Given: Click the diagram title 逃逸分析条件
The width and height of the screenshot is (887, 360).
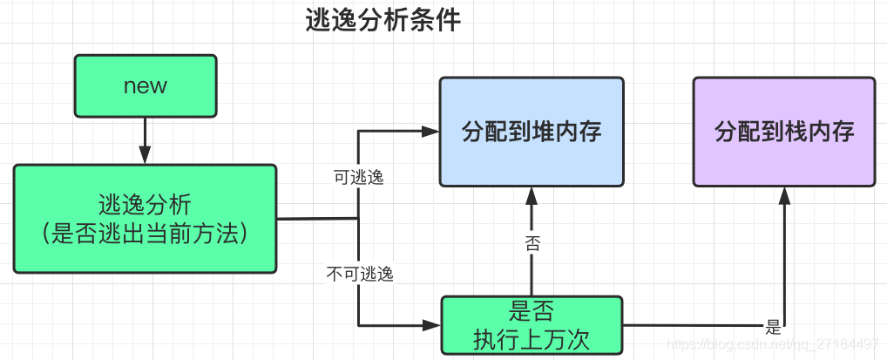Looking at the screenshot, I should point(383,22).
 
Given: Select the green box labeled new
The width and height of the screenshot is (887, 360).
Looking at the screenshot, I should point(145,85).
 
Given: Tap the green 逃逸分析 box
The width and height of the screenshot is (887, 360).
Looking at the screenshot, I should point(145,218).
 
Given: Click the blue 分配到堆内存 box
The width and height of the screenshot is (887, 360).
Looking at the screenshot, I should point(532,132).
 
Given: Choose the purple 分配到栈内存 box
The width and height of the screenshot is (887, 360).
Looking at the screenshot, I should point(784,132).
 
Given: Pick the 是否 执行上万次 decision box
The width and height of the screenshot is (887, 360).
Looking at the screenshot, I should point(532,325).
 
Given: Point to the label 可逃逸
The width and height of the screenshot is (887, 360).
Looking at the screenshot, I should point(358,177).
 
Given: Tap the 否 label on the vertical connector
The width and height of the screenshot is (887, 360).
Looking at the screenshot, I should point(532,243).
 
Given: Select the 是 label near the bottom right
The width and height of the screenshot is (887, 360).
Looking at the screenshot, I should point(773,328).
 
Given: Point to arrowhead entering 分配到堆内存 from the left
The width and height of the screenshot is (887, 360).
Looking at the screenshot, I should point(430,132).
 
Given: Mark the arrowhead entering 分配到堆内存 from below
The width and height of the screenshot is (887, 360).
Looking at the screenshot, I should point(532,194).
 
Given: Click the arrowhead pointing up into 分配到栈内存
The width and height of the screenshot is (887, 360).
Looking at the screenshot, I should point(785,194).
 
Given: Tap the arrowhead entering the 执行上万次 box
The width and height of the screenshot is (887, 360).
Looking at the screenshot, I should point(432,325).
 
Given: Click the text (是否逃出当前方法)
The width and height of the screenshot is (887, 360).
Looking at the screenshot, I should point(145,234).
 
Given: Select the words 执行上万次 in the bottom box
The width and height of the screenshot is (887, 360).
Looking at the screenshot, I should point(532,338).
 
